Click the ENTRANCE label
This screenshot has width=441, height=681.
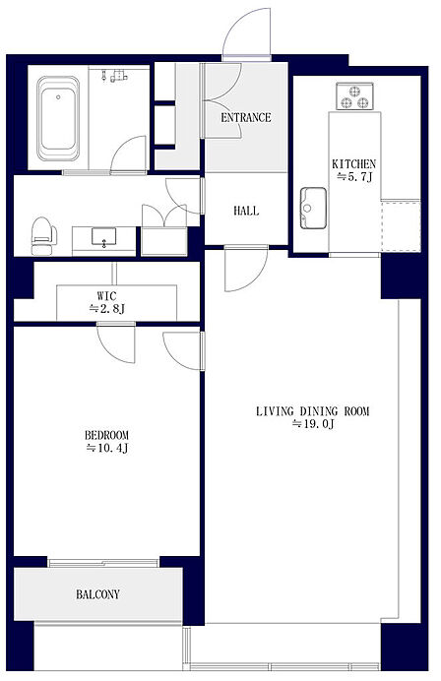pos(246,117)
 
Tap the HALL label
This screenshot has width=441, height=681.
pos(246,211)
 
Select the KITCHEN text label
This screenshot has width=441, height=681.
pos(353,164)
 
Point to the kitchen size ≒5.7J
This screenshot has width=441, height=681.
pos(355,177)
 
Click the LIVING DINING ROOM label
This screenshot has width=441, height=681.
pos(312,411)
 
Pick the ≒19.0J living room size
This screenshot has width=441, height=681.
pos(313,424)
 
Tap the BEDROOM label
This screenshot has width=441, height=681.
pos(106,435)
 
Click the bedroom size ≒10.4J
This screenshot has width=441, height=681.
pos(107,448)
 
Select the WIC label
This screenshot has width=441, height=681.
pos(106,296)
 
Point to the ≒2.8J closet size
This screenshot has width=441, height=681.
pos(107,309)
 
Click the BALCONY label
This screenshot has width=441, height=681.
pos(97,594)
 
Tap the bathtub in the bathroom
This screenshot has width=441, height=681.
pos(58,118)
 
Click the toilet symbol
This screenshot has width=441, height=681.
pos(43,236)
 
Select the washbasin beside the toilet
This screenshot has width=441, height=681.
pos(103,237)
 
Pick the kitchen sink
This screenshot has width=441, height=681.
pos(313,208)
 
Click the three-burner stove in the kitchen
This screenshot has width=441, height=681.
pos(354,96)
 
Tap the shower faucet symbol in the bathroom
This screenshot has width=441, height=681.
pos(115,76)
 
